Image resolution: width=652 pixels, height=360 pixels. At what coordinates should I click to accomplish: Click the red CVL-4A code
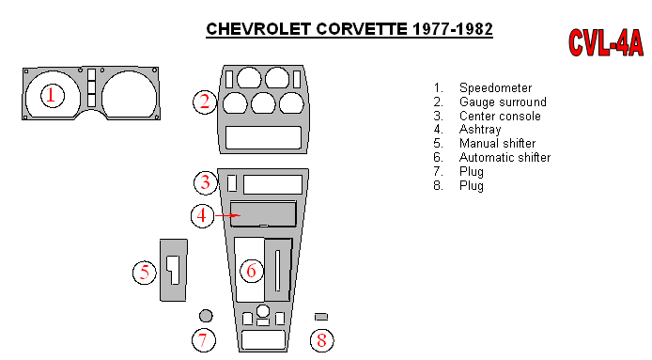point(605,42)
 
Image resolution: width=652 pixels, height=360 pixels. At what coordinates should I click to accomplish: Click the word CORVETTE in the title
point(362,29)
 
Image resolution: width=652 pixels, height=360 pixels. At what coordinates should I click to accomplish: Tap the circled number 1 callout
point(53,95)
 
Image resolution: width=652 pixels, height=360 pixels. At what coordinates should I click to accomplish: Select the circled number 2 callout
point(205,102)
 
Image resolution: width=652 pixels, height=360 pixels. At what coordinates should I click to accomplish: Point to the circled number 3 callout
point(206,182)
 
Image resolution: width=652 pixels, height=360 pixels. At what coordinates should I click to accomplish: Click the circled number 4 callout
point(202,215)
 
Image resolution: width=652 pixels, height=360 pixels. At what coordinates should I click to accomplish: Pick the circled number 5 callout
point(145,273)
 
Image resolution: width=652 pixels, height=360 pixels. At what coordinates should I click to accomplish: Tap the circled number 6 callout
point(252,271)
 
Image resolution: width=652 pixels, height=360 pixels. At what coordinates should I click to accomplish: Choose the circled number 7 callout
point(203,339)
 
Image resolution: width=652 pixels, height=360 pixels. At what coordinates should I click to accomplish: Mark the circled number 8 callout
point(322,339)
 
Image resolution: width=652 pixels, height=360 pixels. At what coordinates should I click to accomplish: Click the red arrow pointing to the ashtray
point(227,215)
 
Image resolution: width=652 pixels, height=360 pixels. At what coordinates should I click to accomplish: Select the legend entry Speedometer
point(495,87)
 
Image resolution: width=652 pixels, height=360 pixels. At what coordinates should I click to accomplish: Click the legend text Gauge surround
point(503,102)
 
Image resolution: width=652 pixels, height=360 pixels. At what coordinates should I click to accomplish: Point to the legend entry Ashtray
point(480,130)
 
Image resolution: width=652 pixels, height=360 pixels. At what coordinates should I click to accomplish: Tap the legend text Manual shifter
point(497,144)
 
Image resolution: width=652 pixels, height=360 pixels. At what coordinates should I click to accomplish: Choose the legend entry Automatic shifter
point(505,157)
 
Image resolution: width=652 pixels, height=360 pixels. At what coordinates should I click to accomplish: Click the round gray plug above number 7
point(206,316)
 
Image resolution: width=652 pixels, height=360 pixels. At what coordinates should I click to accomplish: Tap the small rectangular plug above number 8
point(321,317)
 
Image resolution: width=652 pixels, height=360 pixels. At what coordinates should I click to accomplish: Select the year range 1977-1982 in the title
point(453,29)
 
